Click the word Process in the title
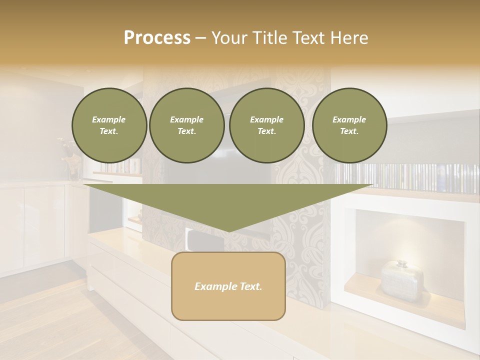click(157, 38)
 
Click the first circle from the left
click(109, 125)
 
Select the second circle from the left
click(187, 125)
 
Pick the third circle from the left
click(267, 125)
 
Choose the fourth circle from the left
click(349, 125)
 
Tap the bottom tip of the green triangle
click(228, 231)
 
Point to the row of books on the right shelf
click(410, 178)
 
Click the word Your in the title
click(228, 38)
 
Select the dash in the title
click(200, 38)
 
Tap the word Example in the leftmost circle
click(109, 119)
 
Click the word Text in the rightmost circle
click(349, 131)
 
